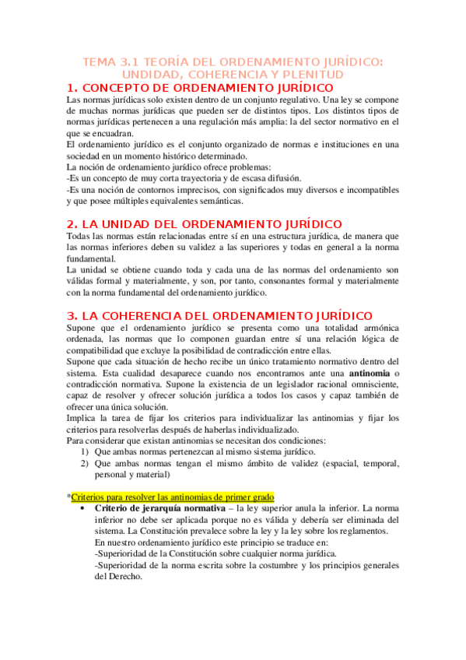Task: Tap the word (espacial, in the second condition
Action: [x=328, y=464]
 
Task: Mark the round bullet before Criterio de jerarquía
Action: [x=83, y=509]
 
